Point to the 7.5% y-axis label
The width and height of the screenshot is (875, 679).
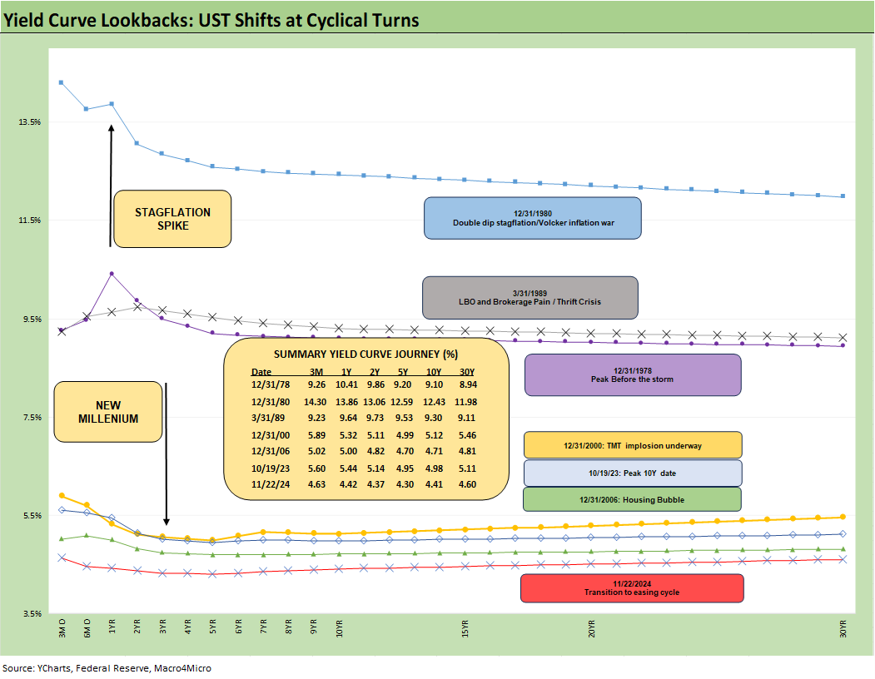click(x=31, y=418)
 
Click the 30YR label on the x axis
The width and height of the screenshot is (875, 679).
click(x=843, y=630)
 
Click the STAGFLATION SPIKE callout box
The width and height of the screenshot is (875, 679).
click(x=172, y=219)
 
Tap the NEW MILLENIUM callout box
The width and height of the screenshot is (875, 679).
click(x=107, y=412)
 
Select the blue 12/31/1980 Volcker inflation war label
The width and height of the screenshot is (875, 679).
click(x=533, y=218)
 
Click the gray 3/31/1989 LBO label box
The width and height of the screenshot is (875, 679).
click(x=529, y=297)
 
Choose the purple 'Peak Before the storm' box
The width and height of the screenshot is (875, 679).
click(x=632, y=374)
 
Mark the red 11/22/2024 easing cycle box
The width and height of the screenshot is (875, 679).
click(x=631, y=587)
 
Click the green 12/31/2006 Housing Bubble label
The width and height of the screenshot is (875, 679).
click(x=632, y=499)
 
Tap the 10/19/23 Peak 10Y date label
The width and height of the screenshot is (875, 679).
click(x=632, y=473)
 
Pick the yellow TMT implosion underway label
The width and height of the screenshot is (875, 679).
click(x=632, y=445)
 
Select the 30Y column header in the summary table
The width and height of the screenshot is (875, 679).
click(x=467, y=372)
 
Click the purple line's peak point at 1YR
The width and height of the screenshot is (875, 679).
click(x=112, y=273)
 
